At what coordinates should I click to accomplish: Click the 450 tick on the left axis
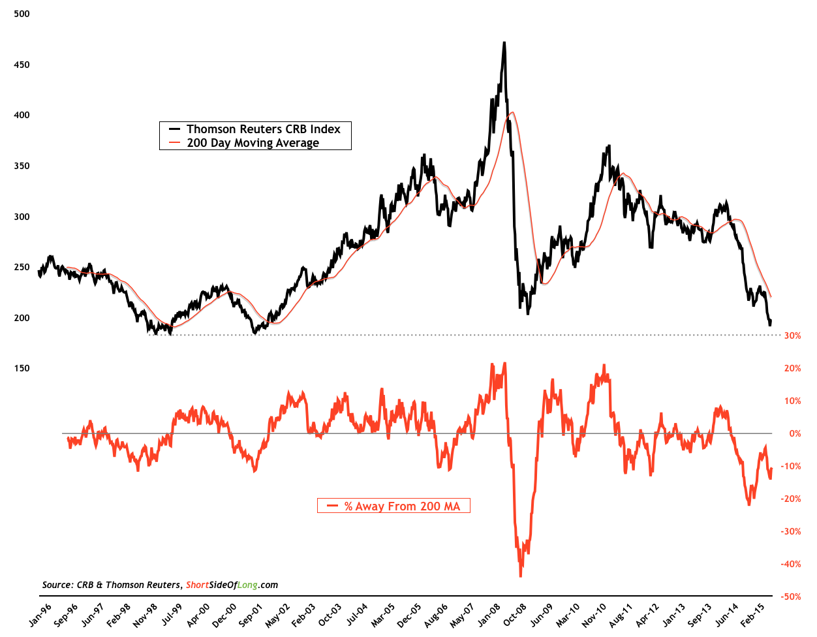point(22,65)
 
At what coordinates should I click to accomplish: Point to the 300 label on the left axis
point(22,217)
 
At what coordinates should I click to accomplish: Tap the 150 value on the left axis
point(22,368)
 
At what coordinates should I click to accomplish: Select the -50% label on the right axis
point(792,597)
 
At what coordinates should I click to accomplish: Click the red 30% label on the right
point(792,335)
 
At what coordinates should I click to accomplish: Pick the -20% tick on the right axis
point(792,499)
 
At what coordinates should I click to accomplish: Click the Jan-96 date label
point(40,615)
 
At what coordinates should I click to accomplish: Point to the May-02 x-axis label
point(278,615)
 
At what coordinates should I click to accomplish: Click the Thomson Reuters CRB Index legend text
point(263,129)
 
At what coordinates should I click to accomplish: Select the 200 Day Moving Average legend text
point(253,143)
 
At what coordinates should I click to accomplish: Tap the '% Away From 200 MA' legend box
point(393,506)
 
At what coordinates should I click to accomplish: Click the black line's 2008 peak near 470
point(504,43)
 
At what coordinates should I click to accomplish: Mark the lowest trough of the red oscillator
point(520,576)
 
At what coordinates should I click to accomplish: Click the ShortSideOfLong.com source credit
point(232,585)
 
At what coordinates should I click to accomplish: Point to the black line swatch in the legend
point(174,129)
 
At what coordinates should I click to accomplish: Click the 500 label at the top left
point(22,14)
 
